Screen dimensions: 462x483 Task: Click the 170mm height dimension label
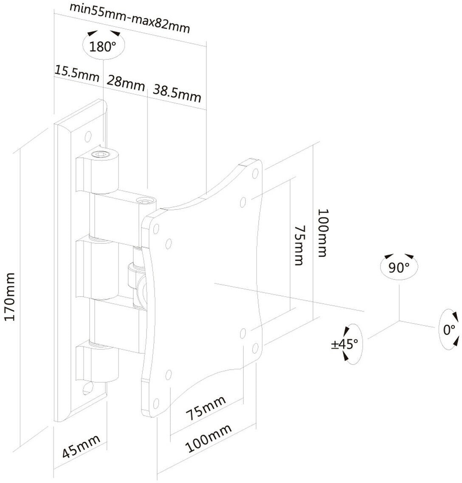click(10, 296)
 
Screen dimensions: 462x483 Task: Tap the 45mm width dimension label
click(81, 447)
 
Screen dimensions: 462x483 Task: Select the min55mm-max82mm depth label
click(130, 18)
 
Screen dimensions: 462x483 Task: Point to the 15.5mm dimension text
click(77, 73)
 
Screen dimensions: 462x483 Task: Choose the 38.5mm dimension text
click(177, 93)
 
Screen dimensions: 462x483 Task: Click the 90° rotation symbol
click(399, 266)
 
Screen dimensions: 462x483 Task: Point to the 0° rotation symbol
click(449, 329)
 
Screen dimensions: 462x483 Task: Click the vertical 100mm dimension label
click(323, 233)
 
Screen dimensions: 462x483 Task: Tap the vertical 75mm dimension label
click(299, 245)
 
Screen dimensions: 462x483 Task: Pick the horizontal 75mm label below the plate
click(206, 408)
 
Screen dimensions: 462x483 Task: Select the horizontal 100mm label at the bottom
click(208, 438)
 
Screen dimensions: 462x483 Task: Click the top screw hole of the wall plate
click(88, 136)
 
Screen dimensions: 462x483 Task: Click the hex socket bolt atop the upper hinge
click(102, 154)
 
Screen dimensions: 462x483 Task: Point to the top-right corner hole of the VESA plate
click(255, 174)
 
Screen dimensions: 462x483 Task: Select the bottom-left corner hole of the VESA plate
click(156, 403)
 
